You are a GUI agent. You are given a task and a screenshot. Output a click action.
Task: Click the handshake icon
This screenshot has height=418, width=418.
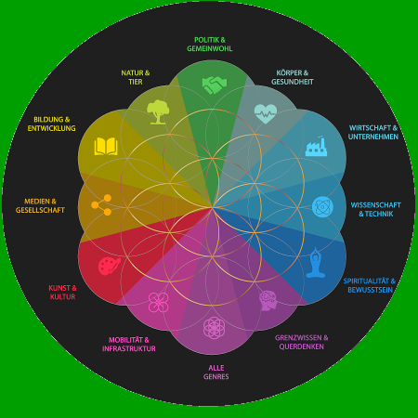pyautogui.click(x=215, y=85)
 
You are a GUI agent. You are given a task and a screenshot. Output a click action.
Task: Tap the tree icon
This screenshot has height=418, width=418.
pyautogui.click(x=158, y=111)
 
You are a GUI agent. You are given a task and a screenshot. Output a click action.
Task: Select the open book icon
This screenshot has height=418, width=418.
pyautogui.click(x=106, y=146)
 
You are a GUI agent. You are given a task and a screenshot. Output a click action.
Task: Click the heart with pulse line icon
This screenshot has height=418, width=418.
pyautogui.click(x=266, y=113)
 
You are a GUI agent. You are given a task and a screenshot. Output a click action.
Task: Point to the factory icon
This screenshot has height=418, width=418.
pyautogui.click(x=316, y=146)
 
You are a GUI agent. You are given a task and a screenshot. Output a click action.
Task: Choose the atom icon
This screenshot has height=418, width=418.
pyautogui.click(x=322, y=206)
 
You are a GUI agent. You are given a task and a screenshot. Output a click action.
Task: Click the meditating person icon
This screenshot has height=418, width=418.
pyautogui.click(x=316, y=263)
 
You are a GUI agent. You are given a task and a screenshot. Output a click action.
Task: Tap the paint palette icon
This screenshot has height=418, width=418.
pyautogui.click(x=109, y=266)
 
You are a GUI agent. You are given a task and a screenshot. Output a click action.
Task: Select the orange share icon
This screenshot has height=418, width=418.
pyautogui.click(x=101, y=204)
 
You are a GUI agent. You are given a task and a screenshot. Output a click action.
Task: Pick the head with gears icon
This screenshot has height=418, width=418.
pyautogui.click(x=268, y=300)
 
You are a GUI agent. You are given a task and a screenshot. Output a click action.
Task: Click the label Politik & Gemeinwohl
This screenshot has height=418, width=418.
pyautogui.click(x=210, y=45)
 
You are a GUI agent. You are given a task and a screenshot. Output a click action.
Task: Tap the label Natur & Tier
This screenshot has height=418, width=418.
pyautogui.click(x=136, y=77)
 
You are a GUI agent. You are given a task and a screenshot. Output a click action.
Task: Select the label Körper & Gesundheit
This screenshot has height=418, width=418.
pyautogui.click(x=293, y=77)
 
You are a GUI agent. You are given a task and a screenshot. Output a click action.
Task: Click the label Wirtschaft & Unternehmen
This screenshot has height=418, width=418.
pyautogui.click(x=373, y=132)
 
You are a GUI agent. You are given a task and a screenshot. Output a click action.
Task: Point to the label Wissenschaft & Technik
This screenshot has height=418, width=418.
pyautogui.click(x=376, y=209)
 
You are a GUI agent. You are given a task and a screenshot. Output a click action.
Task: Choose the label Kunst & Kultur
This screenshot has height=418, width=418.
pyautogui.click(x=62, y=293)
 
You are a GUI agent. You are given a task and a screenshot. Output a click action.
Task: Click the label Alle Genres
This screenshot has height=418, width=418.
pyautogui.click(x=216, y=372)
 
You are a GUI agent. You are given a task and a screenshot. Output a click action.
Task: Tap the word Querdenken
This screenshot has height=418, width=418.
pyautogui.click(x=301, y=346)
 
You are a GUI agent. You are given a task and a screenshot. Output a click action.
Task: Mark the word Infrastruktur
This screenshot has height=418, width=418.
pyautogui.click(x=129, y=348)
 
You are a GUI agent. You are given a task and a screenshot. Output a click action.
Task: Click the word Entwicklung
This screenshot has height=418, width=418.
pyautogui.click(x=51, y=128)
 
